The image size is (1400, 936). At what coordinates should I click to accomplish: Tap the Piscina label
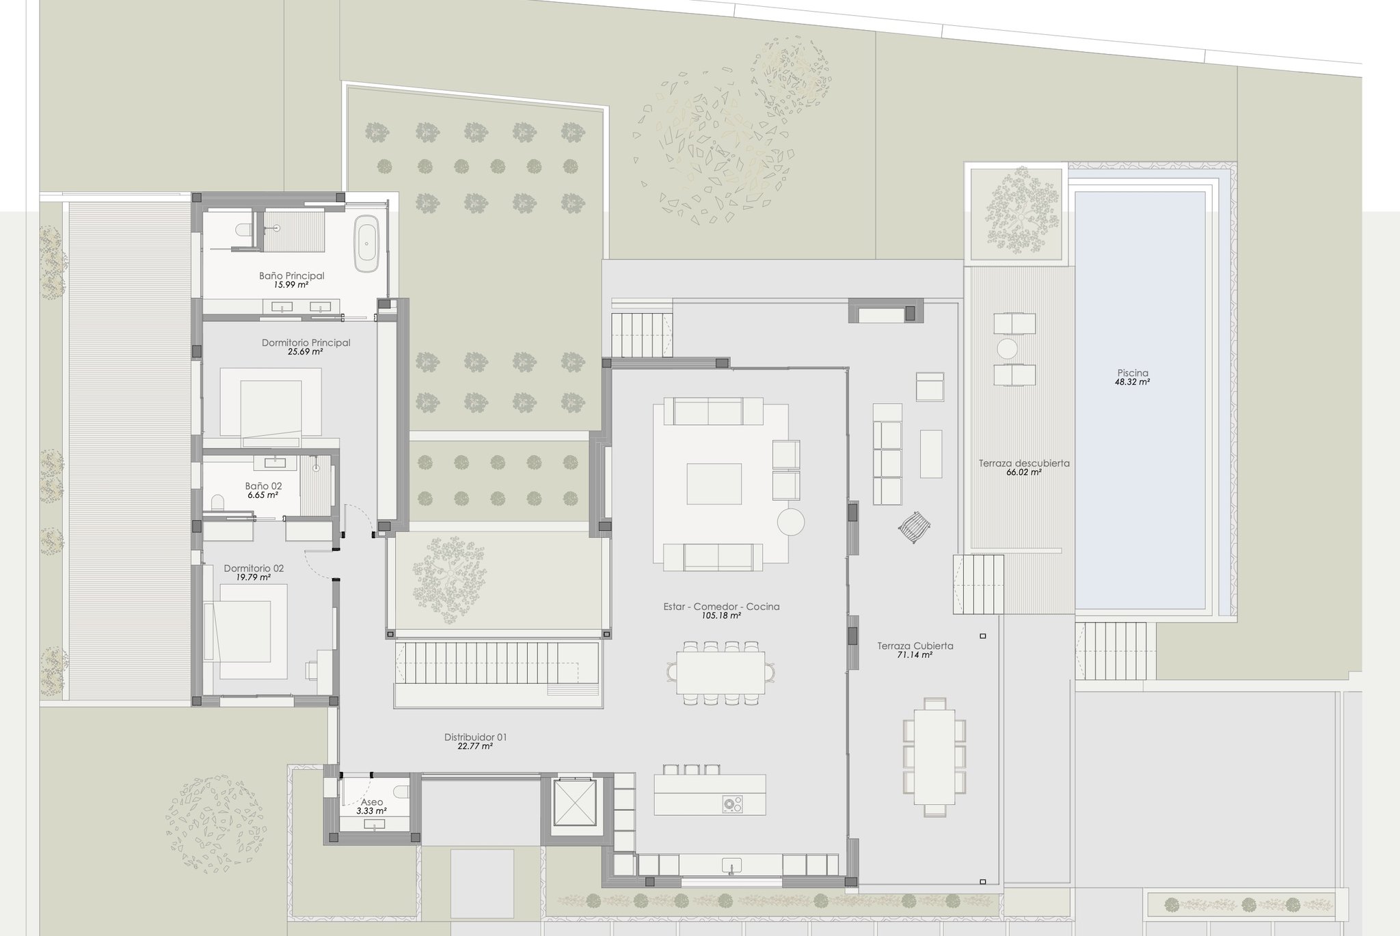pos(1133,373)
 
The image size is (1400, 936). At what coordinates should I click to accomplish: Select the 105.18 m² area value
pos(721,616)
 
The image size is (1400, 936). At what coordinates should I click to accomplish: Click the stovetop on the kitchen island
pos(733,804)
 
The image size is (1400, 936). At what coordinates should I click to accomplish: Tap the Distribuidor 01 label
pos(476,737)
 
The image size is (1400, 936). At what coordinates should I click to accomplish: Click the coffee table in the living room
pos(714,484)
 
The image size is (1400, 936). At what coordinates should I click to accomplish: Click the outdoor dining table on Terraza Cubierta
pos(934,757)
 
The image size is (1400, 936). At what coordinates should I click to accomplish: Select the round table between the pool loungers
pos(1007,349)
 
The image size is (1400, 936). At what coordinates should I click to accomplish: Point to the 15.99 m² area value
pos(291,285)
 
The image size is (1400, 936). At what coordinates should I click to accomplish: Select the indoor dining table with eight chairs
pos(721,673)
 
